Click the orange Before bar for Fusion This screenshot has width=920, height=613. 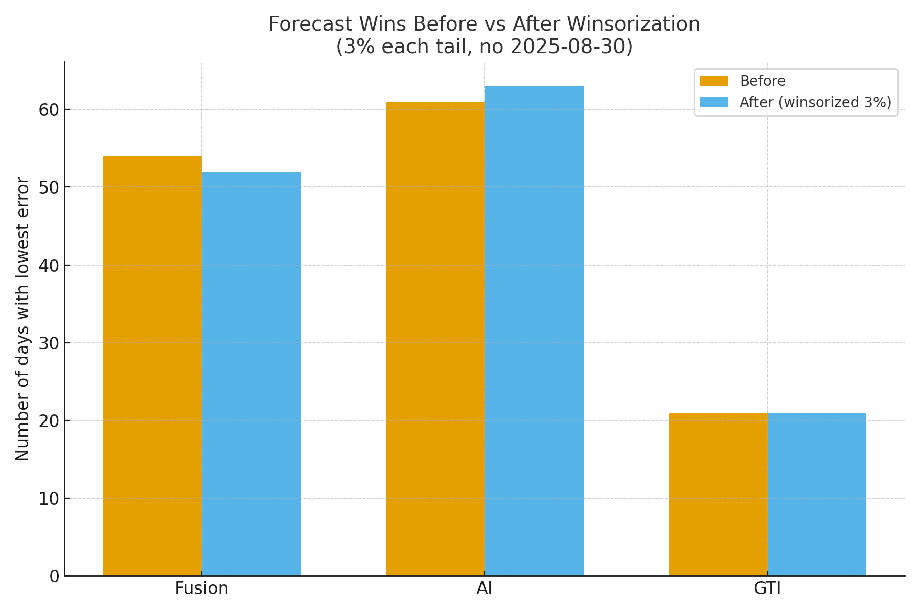click(152, 366)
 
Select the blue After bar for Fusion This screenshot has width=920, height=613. click(251, 373)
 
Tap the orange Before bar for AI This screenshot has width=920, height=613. click(435, 339)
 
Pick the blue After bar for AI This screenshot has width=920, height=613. click(534, 331)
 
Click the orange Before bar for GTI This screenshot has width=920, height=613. click(718, 494)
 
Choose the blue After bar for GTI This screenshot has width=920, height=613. click(817, 494)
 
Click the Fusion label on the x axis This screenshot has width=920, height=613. click(201, 588)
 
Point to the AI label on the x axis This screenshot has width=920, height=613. click(484, 588)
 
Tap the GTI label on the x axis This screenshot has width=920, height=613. click(767, 588)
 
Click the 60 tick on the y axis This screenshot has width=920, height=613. click(49, 110)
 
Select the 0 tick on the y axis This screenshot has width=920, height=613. click(54, 576)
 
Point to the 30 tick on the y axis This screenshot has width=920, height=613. click(49, 343)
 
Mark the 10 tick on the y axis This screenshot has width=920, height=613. click(49, 499)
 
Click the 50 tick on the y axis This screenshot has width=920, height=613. click(49, 187)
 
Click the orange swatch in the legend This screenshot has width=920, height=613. click(714, 81)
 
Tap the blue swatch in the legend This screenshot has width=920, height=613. click(714, 102)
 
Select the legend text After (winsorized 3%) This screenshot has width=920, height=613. click(815, 102)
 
